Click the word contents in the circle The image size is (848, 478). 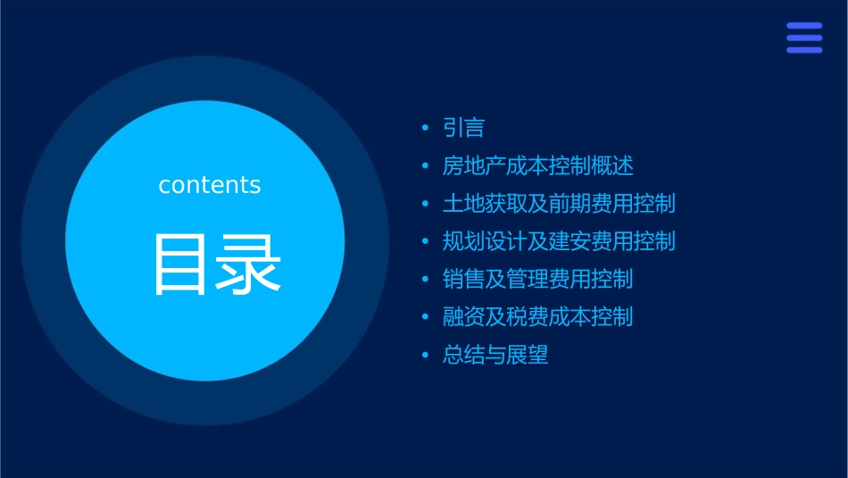210,185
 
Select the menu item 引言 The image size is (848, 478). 463,129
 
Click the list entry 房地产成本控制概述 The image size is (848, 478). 537,166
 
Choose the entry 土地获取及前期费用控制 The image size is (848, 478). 559,204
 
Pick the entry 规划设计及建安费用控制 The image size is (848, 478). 559,241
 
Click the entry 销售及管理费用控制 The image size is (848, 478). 537,279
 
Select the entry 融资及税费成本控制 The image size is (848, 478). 537,317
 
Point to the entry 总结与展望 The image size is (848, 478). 495,355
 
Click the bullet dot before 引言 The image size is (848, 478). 425,129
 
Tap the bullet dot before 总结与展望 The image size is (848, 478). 425,356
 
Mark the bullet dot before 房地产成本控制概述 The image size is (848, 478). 425,167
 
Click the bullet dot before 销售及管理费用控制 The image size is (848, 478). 425,280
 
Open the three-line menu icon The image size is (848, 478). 804,38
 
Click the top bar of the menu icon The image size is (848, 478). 804,26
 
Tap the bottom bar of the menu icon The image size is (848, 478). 804,50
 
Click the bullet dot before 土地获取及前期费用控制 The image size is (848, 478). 425,205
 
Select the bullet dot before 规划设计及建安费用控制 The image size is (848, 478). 425,242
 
